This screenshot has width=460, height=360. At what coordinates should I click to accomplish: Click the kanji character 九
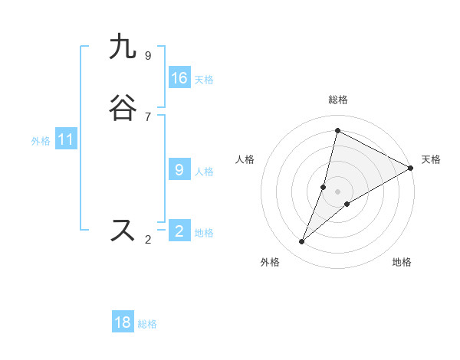[123, 47]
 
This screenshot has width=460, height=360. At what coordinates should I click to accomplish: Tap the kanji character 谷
[123, 108]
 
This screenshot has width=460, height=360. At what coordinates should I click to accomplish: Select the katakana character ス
[123, 230]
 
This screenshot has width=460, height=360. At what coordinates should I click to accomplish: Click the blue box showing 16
[179, 78]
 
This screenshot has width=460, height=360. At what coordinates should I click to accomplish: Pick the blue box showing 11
[66, 140]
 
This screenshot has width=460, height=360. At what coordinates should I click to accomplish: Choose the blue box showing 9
[179, 170]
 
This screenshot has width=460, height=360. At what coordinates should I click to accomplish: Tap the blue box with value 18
[123, 322]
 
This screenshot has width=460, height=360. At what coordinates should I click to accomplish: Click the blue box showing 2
[179, 231]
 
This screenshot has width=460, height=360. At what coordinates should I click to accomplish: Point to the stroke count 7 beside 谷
[148, 116]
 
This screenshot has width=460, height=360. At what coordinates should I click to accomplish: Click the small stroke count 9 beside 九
[148, 55]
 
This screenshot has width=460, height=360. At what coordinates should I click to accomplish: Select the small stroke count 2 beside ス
[148, 240]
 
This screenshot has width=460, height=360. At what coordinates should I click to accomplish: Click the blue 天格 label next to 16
[204, 80]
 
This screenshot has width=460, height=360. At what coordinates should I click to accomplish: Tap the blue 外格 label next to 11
[41, 141]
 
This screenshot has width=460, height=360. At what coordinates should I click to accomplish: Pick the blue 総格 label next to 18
[147, 324]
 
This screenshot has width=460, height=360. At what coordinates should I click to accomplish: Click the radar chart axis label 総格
[337, 100]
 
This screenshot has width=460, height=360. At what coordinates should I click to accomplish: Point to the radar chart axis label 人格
[245, 159]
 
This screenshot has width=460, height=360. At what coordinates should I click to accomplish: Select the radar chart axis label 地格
[402, 262]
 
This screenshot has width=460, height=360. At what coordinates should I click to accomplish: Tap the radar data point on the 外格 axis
[302, 242]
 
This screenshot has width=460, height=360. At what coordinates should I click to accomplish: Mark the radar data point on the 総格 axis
[337, 129]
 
